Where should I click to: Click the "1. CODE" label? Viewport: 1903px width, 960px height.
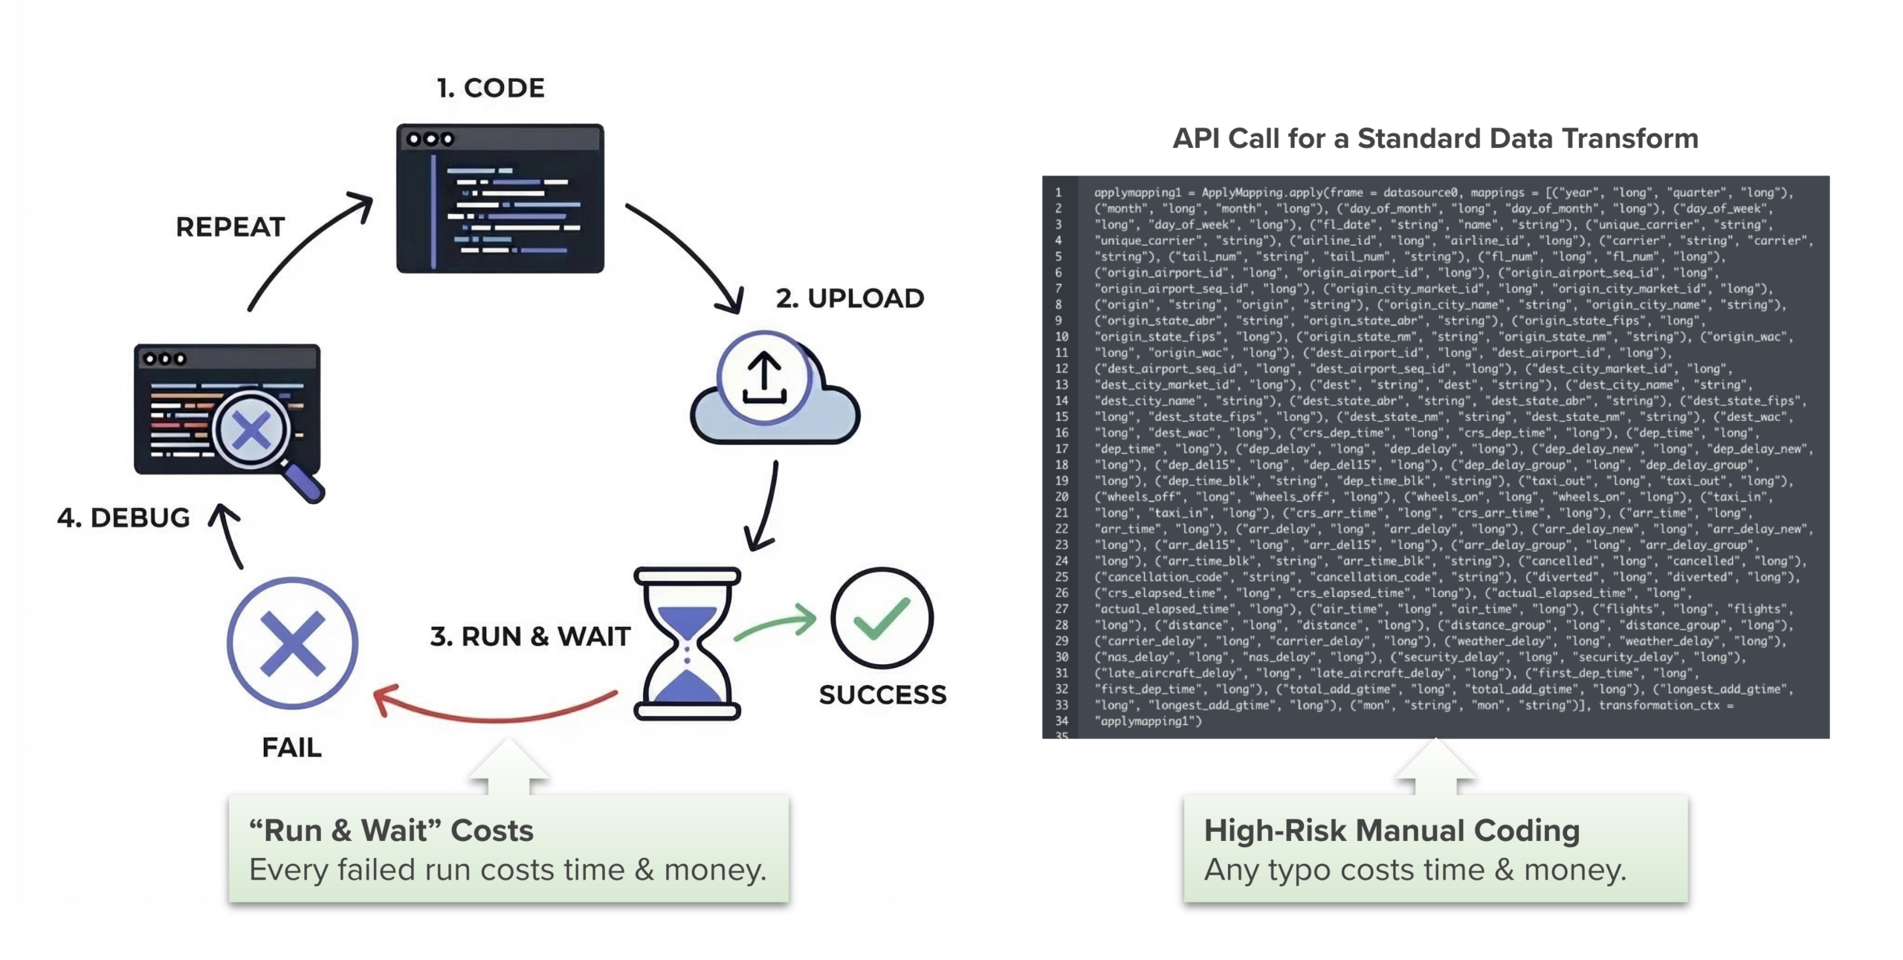point(491,88)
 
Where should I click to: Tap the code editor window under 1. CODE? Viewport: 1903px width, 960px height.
point(500,199)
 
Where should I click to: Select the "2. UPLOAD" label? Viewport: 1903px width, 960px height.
point(850,298)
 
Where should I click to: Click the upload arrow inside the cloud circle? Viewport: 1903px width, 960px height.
point(763,376)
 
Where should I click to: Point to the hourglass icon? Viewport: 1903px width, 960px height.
point(687,643)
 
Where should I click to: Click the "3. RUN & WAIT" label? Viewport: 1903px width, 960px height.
point(530,637)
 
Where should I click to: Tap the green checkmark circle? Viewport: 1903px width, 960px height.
point(882,617)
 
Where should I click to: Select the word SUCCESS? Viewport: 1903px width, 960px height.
point(882,695)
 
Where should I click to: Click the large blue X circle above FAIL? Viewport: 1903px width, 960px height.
point(292,642)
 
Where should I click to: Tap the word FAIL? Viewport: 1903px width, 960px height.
point(291,747)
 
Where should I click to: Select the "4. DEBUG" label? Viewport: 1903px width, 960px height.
point(123,518)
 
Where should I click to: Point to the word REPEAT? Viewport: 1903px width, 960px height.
point(230,227)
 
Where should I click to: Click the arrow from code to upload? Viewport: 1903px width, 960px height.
point(691,253)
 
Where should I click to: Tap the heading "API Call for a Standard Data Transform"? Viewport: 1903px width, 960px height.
point(1435,138)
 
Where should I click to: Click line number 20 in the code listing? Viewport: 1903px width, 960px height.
point(1062,497)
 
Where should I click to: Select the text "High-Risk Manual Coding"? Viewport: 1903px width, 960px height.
point(1392,831)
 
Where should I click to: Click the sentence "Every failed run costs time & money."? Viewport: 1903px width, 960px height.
point(507,869)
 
